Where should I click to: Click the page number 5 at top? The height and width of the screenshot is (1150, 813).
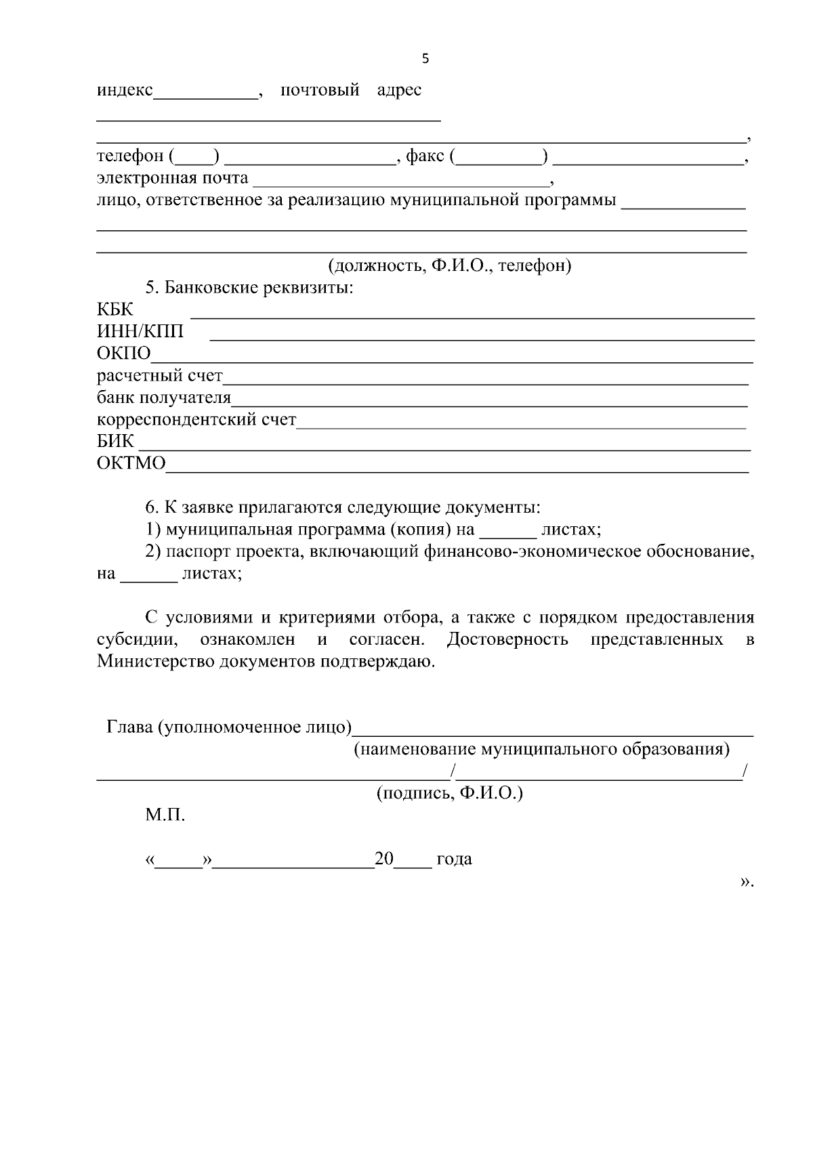[x=425, y=59]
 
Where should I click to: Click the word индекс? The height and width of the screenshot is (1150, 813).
[x=125, y=90]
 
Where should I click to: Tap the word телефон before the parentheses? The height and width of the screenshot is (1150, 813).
[x=130, y=156]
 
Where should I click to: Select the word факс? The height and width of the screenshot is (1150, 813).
[x=425, y=156]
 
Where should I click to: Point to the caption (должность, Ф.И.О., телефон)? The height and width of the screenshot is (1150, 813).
[x=450, y=265]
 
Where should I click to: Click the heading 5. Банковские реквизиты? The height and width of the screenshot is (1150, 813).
[x=249, y=288]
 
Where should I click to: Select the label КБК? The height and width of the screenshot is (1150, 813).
[x=115, y=310]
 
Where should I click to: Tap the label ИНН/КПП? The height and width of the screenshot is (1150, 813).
[x=140, y=332]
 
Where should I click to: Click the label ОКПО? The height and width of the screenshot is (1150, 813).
[x=123, y=354]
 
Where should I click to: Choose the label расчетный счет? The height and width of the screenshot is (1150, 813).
[x=159, y=376]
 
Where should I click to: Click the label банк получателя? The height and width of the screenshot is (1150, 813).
[x=163, y=398]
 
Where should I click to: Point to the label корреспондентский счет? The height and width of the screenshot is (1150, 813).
[x=196, y=420]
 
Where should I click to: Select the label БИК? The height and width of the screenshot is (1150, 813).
[x=115, y=442]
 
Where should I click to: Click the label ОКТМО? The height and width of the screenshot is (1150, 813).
[x=131, y=464]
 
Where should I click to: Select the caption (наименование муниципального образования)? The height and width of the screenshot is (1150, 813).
[x=542, y=750]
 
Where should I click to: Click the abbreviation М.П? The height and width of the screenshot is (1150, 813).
[x=165, y=815]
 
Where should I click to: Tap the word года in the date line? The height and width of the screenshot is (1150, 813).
[x=454, y=859]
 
